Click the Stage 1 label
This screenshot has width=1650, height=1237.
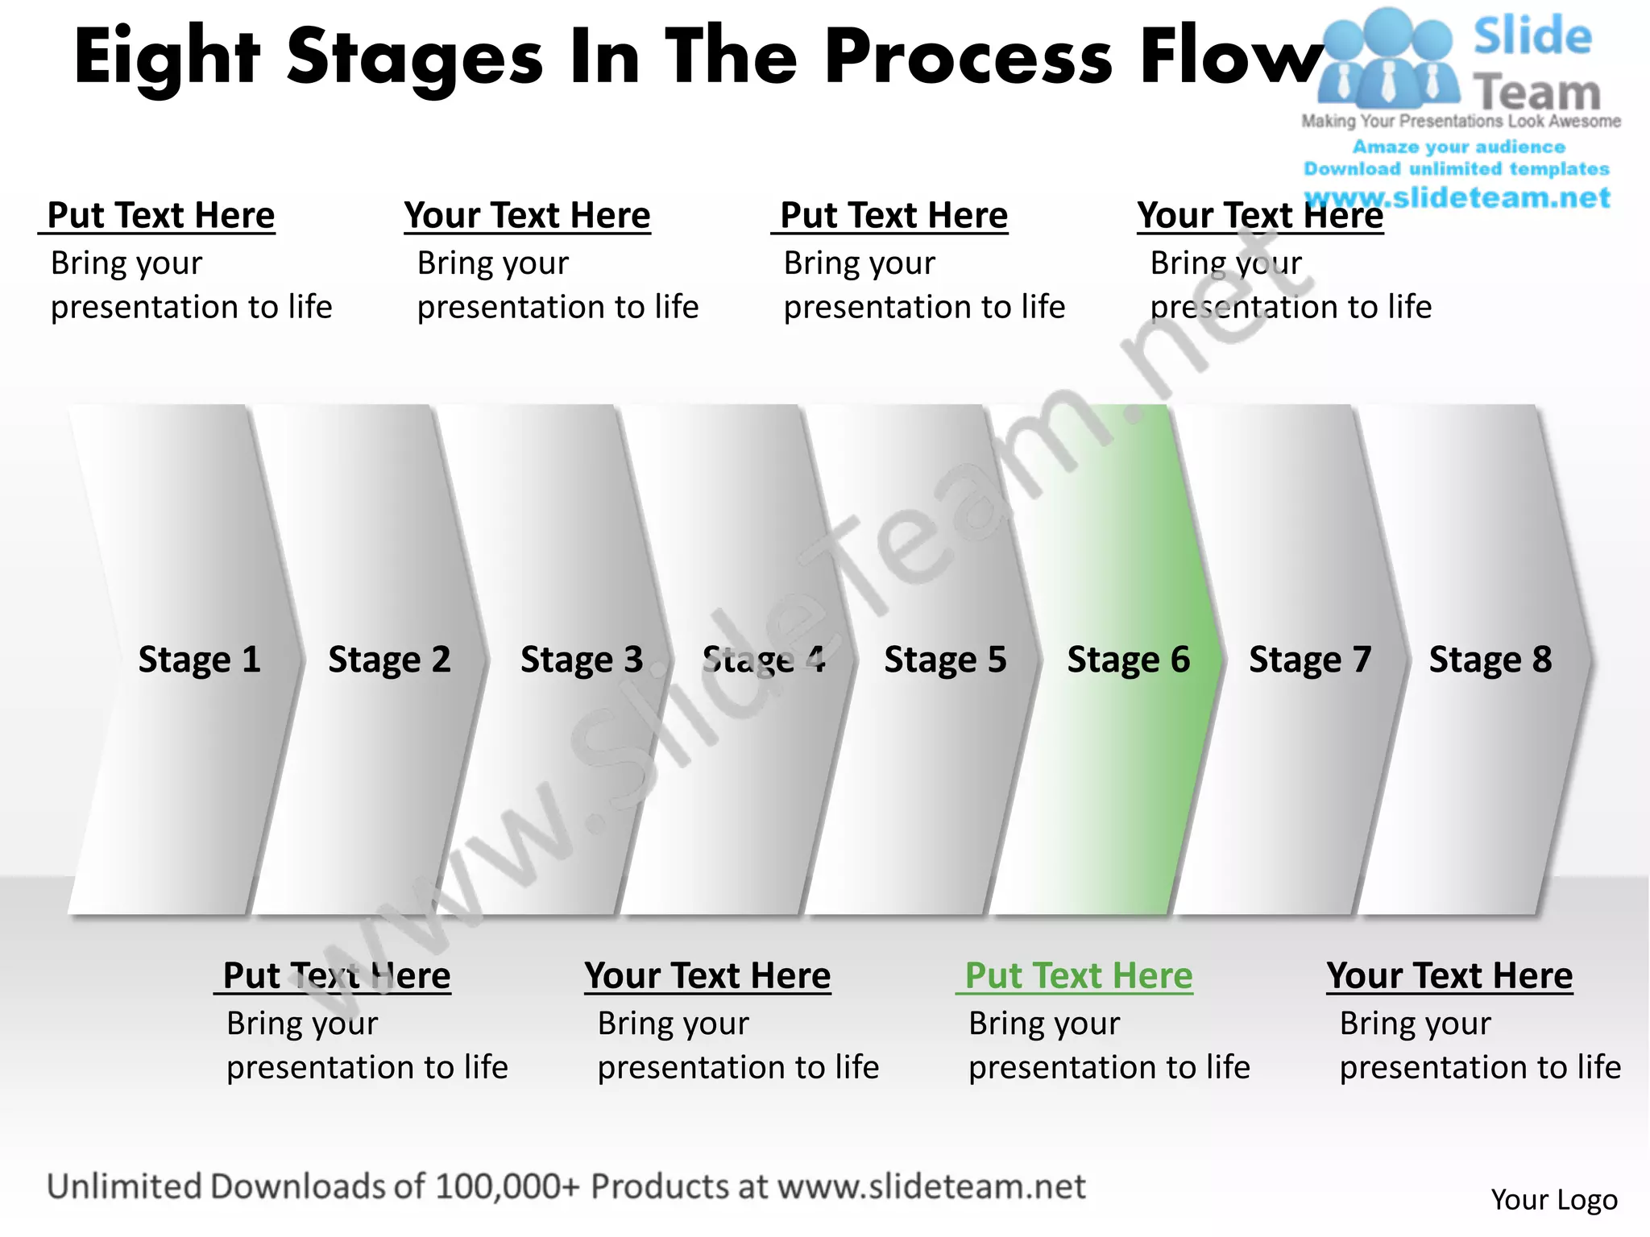(x=199, y=660)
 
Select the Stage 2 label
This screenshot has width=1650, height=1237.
(x=389, y=660)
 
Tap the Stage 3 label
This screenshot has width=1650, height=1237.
(x=582, y=660)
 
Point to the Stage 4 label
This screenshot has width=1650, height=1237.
(x=764, y=660)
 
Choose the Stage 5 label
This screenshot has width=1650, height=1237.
(x=945, y=660)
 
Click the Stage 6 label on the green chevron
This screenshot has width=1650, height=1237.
(x=1128, y=660)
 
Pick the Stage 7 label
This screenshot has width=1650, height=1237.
(x=1310, y=660)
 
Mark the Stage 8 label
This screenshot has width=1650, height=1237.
(x=1490, y=660)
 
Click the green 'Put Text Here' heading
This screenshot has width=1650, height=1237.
(x=1078, y=976)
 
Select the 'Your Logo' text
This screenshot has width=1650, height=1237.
(x=1553, y=1200)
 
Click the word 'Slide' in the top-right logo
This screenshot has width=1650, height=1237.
(x=1532, y=37)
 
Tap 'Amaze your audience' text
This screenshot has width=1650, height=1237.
(x=1458, y=147)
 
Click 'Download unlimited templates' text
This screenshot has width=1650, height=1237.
(x=1457, y=169)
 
